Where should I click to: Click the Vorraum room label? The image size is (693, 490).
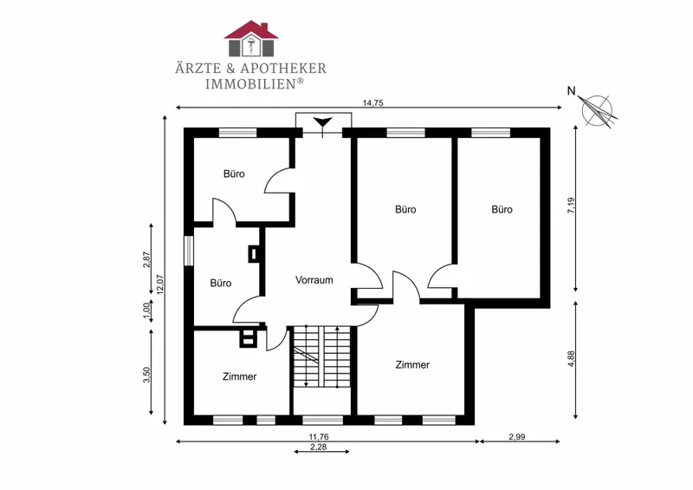(314, 280)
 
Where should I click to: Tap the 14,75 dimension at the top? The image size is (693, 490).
(372, 103)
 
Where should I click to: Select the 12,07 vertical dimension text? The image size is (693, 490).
(160, 284)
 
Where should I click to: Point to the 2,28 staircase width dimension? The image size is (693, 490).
(318, 447)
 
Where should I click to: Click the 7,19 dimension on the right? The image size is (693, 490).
(571, 206)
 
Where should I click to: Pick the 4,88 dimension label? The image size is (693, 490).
(571, 358)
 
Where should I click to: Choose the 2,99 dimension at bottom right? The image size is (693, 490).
(516, 437)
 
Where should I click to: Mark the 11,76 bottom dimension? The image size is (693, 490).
(318, 437)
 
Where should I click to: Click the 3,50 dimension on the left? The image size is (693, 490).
(147, 376)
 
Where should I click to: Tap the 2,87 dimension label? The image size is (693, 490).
(147, 260)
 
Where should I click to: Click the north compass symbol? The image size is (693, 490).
(598, 111)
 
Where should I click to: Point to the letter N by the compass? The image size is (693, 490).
(572, 91)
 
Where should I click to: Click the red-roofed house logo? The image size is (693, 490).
(251, 38)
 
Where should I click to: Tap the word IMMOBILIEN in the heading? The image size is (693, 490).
(250, 83)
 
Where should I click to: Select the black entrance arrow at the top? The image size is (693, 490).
(322, 122)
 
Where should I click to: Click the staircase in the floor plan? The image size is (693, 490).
(321, 356)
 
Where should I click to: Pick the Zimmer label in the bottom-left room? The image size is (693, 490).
(240, 376)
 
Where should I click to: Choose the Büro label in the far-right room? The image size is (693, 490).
(502, 209)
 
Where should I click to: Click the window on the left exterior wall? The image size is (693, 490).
(189, 251)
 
